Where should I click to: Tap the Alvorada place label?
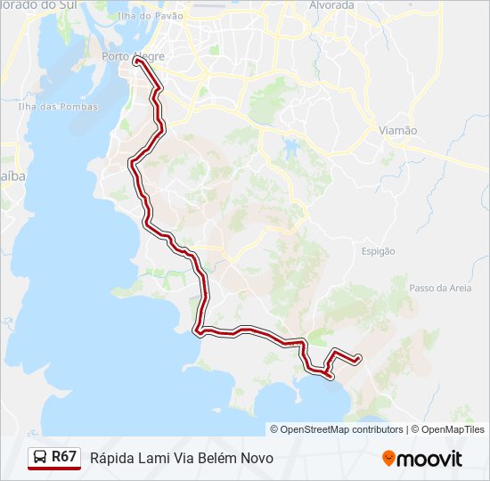coord(331,5)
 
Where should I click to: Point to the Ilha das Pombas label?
coord(50,107)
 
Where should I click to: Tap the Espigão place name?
coord(378,251)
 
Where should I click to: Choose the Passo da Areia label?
coord(440,288)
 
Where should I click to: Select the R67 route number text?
coord(64,457)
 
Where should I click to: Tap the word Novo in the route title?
coord(257,458)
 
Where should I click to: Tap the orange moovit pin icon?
coord(388,458)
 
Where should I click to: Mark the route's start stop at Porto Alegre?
coord(138,61)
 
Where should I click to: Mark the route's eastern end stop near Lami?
coord(358,359)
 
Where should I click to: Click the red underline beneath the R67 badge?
coord(54,469)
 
